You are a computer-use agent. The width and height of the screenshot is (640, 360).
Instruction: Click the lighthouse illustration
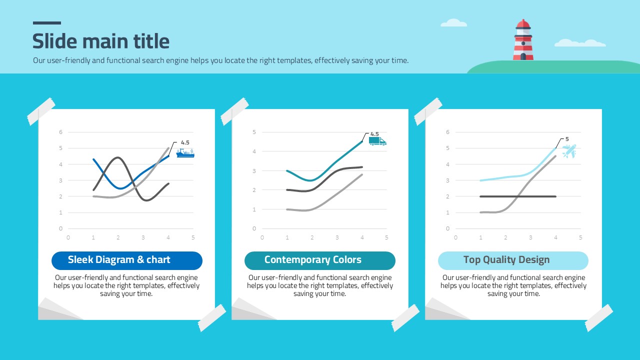coord(523,41)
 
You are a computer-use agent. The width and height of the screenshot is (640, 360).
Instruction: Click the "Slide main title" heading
coord(101,41)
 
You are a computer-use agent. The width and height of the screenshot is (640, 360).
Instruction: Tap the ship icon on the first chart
coord(185,153)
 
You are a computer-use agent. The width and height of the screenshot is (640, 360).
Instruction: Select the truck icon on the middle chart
coord(377,141)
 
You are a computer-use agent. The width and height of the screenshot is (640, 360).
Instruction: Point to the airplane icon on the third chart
coord(568,151)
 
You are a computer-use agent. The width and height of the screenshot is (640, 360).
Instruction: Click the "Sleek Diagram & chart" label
coord(119,260)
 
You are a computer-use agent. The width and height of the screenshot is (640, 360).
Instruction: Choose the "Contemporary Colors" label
coord(313,260)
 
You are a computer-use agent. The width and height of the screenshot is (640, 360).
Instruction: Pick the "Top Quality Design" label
coord(506,260)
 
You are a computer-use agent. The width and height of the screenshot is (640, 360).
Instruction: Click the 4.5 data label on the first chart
coord(185,142)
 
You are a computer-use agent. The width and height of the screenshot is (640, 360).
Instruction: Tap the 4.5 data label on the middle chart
coord(374,134)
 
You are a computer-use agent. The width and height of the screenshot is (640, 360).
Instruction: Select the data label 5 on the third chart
coord(567,139)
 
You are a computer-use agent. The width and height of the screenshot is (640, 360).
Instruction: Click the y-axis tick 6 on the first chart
coord(61,132)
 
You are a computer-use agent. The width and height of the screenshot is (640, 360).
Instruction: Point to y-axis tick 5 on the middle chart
coord(254,132)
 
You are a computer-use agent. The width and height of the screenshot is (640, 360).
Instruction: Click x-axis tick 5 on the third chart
coord(580,237)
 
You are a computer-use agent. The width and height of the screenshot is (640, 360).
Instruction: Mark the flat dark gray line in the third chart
coord(518,196)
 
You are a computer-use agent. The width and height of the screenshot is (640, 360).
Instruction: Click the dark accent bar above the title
coord(47,23)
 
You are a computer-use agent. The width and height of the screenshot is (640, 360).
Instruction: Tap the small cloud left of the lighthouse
coord(453,23)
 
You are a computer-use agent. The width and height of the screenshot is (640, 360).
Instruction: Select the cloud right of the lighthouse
coord(580,43)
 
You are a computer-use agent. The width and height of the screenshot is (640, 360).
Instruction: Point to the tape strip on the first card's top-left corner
coord(41,111)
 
